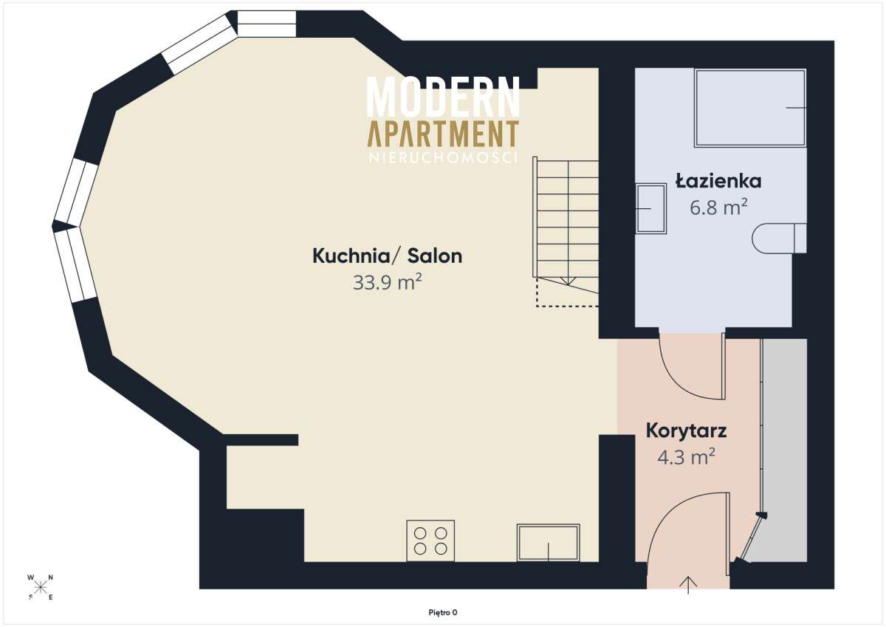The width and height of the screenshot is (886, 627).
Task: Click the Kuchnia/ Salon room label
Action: (387, 256)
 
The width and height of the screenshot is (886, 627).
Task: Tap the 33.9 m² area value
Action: (387, 283)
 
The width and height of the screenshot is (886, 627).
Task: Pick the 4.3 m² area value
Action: (686, 456)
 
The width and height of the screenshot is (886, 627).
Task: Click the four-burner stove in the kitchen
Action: (430, 541)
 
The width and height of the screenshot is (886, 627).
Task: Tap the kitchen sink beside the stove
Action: (548, 543)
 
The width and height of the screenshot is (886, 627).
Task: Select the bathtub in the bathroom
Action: (749, 108)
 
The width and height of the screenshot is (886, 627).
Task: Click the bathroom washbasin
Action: (650, 209)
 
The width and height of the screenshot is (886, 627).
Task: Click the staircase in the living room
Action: (567, 222)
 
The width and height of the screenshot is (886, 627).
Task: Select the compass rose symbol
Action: (41, 587)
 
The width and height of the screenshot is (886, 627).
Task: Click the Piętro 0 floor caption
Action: (443, 611)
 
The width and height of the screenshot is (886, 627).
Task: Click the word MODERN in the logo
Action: (443, 96)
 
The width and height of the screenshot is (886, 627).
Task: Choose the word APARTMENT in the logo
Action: (443, 134)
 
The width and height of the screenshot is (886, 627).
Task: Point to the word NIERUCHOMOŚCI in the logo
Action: (443, 157)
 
